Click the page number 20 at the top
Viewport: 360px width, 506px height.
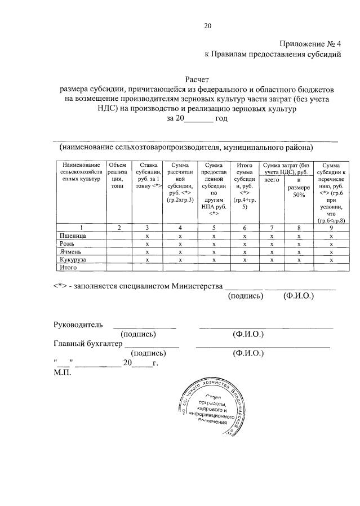[208, 25]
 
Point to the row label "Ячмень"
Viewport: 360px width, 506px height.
[70, 252]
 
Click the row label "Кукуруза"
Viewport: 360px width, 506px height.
[74, 260]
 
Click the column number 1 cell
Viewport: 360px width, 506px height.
[81, 228]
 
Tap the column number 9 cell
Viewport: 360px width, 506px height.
[331, 228]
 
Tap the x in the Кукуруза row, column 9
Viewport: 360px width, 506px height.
[331, 260]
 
